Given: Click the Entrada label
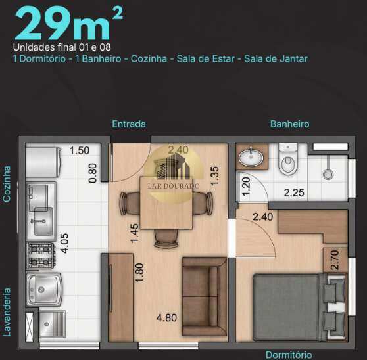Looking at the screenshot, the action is coord(129,124).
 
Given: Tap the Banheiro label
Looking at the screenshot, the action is coord(290,124).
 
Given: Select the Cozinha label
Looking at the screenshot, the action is coord(7,184).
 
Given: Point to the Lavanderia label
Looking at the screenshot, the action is coord(7,312).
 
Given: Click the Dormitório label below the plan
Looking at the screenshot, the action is coord(289,355).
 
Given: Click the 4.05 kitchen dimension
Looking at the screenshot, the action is coord(64,243).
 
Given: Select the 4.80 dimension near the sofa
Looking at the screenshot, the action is coord(166,318).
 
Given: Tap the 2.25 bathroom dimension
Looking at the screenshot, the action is coord(294,193).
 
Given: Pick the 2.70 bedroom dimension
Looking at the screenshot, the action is coord(335,260).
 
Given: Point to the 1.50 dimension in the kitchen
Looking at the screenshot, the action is coord(80,150).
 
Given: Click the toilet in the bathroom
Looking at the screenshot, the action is coord(289,159).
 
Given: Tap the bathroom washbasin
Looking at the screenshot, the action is coord(251,156).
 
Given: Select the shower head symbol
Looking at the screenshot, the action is coord(328,174).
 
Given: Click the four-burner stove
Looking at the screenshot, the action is coord(41,256).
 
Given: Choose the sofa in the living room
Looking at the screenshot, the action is coord(205,297).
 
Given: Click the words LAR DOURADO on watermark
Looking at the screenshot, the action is coord(174,186).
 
